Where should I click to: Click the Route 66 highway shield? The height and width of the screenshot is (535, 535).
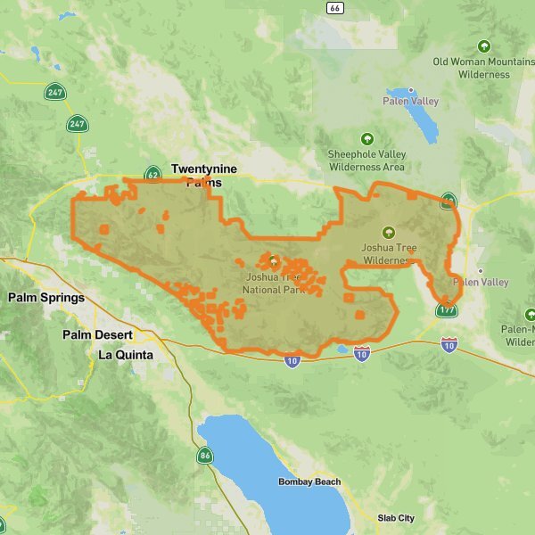click(334, 8)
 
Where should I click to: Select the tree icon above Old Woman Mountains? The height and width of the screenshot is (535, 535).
click(484, 45)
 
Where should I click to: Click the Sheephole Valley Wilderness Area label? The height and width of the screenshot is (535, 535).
click(366, 160)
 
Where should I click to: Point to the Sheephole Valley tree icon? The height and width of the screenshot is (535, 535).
click(366, 139)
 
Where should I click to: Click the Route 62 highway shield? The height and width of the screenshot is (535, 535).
click(152, 175)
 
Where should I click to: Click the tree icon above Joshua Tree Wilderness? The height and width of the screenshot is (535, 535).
click(388, 232)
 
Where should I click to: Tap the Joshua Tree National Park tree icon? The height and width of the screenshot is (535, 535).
click(273, 262)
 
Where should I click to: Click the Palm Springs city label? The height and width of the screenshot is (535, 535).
click(46, 298)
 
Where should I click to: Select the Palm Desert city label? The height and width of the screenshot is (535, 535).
click(97, 335)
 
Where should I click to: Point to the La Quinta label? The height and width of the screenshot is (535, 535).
click(125, 355)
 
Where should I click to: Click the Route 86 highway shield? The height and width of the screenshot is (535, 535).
click(205, 456)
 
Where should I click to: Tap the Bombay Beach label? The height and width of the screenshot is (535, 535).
click(309, 482)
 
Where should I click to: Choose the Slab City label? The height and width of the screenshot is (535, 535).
click(395, 518)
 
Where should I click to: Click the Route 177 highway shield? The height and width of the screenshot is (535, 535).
click(447, 309)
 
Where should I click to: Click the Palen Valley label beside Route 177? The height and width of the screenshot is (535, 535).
click(481, 283)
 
